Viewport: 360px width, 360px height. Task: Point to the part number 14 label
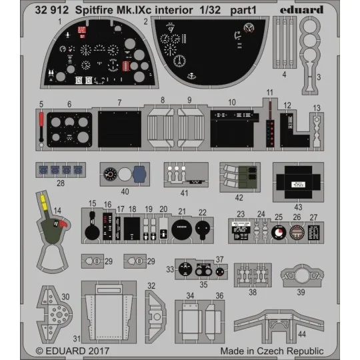[58, 211]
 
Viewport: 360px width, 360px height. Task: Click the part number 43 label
[298, 208]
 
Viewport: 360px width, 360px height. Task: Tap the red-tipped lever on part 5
[41, 120]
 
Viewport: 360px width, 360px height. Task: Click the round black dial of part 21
[181, 229]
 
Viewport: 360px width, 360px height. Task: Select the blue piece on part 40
[139, 175]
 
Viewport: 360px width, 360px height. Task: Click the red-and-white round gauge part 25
[279, 233]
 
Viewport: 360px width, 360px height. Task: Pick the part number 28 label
[62, 181]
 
